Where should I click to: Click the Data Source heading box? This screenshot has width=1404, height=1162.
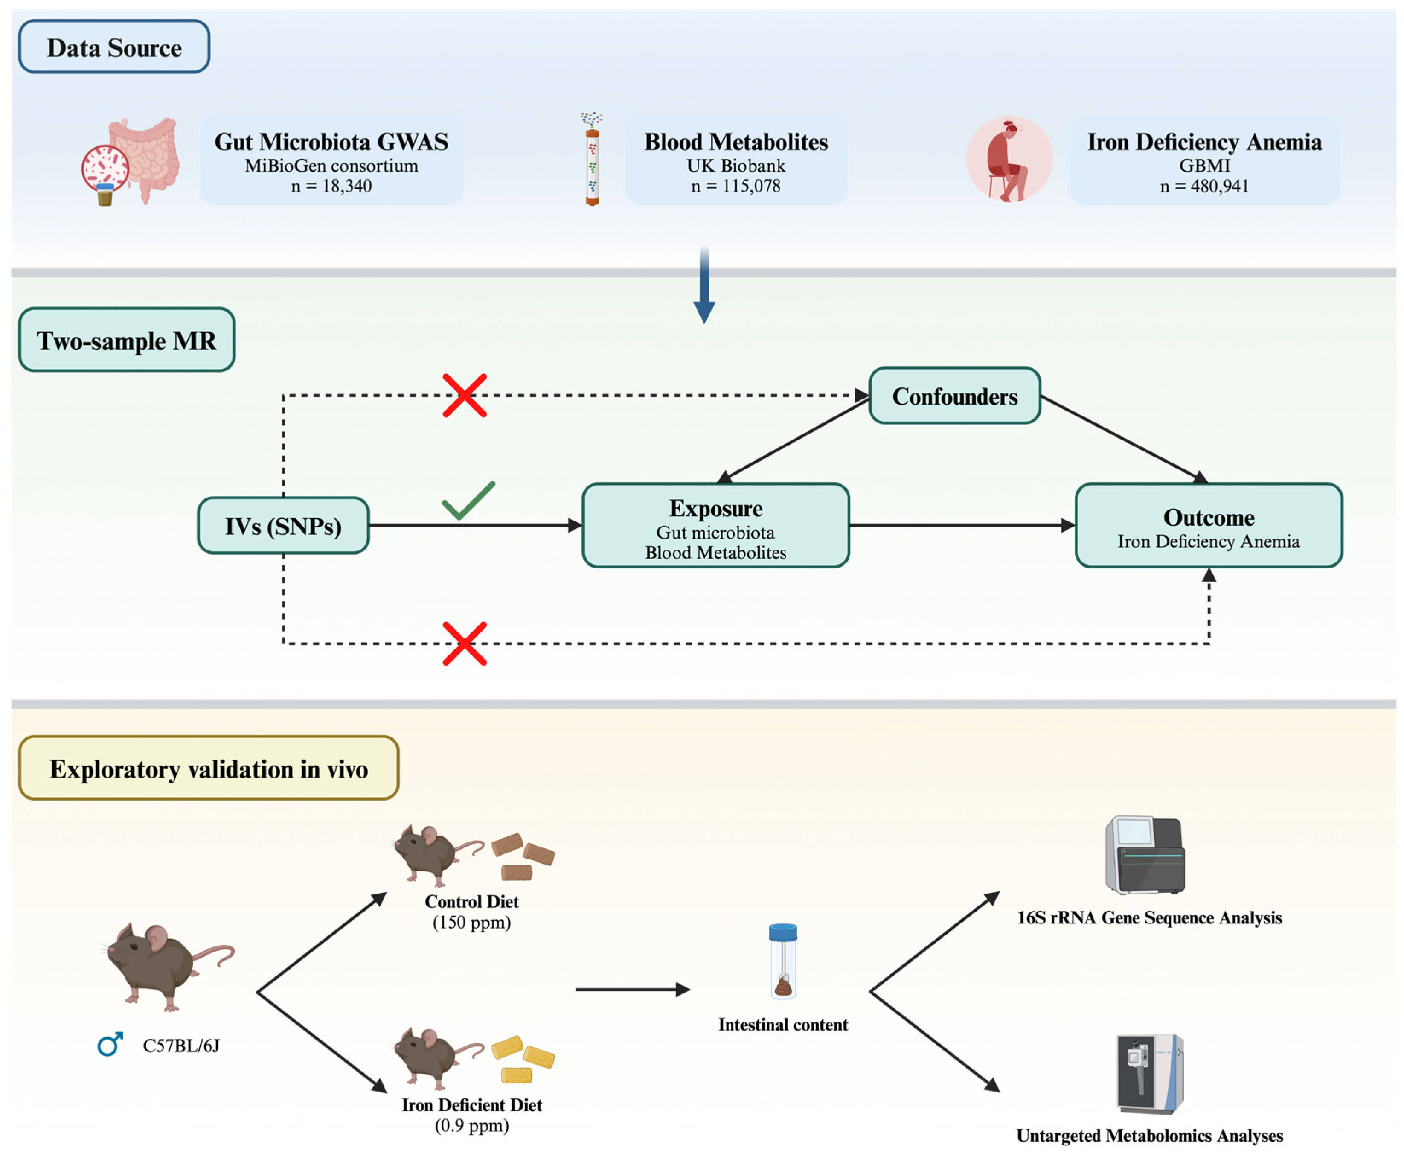coord(113,47)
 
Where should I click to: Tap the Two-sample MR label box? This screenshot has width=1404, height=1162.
coord(126,340)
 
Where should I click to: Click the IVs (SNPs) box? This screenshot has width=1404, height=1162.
coord(283,525)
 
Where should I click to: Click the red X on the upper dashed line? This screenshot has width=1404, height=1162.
coord(465,396)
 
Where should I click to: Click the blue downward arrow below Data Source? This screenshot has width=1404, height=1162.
coord(704,288)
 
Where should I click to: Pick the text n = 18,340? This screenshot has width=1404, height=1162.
coord(331,186)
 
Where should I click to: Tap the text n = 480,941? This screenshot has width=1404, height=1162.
coord(1204,186)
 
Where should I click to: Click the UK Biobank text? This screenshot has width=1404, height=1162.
coord(735,166)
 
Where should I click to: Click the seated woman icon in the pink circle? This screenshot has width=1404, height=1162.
coord(1008,159)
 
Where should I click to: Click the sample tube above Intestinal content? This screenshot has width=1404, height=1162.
coord(783,961)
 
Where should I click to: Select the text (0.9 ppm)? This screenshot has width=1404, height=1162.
coord(472,1125)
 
